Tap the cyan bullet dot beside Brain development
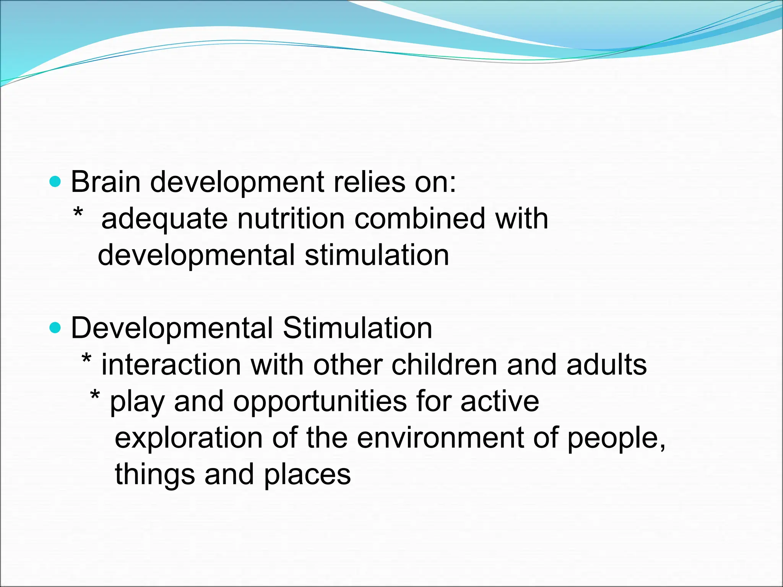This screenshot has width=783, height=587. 55,182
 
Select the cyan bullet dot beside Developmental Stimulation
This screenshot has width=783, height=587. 55,328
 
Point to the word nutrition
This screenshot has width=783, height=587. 291,219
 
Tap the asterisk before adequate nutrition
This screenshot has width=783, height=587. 78,212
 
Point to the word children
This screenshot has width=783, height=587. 444,365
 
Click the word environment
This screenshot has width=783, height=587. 440,438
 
